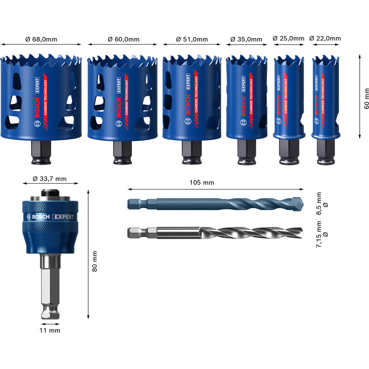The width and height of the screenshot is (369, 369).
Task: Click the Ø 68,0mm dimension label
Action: [x=42, y=39]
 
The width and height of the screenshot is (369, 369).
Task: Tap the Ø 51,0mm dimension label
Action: [x=192, y=39]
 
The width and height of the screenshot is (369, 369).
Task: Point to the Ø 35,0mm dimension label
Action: [x=246, y=39]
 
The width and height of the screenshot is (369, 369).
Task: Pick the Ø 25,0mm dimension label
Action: [x=289, y=38]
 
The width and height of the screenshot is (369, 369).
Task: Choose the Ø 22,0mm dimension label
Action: [x=325, y=38]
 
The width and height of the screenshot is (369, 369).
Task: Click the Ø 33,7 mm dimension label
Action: [x=50, y=179]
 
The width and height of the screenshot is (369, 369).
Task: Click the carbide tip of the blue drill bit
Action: [x=298, y=203]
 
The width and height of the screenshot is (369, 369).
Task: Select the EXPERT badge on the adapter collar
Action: [x=62, y=217]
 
